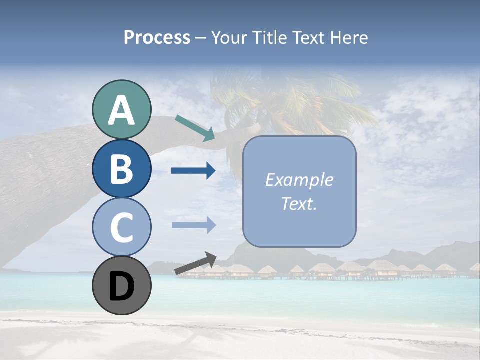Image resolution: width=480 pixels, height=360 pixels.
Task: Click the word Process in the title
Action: (157, 37)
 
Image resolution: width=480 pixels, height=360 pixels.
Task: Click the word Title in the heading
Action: (267, 37)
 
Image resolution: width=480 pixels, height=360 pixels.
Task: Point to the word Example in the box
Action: (299, 180)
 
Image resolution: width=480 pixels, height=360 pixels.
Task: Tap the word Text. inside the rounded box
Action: (299, 203)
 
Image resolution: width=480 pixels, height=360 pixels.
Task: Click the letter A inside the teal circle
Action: (122, 111)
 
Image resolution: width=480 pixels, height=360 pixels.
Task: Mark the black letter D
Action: (122, 286)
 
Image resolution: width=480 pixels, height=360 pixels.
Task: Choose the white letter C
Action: (122, 228)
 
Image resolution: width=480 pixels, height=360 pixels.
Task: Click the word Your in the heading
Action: (230, 37)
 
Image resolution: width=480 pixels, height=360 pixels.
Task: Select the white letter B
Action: (122, 169)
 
